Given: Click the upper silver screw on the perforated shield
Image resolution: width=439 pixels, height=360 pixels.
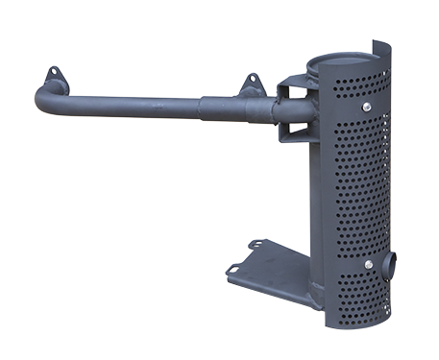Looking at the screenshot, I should [x=366, y=108].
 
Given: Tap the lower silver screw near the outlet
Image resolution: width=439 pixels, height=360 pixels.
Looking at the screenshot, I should [x=369, y=264].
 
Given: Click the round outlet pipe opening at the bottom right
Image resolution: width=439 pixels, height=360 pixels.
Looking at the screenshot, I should [x=388, y=265].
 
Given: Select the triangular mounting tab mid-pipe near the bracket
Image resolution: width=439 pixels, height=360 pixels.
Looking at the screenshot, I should [x=253, y=85].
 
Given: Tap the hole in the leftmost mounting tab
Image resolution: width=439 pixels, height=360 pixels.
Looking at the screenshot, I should [x=54, y=74].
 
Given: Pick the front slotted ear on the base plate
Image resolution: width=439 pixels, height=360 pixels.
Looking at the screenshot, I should [x=233, y=272].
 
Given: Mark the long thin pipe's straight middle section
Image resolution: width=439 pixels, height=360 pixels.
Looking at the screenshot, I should [x=134, y=104].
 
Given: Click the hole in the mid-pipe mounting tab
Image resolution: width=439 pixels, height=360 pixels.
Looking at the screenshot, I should [x=252, y=81].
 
